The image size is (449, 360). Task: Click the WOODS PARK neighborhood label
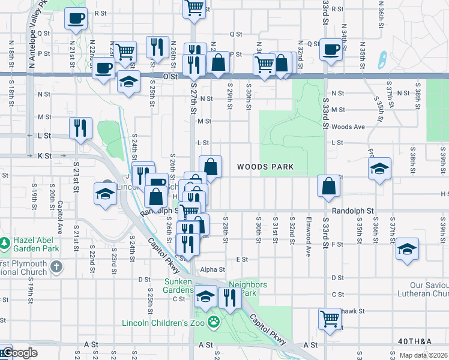click(x=265, y=167)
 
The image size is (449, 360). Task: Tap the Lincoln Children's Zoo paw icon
click(x=214, y=322)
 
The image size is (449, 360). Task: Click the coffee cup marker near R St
click(x=76, y=19)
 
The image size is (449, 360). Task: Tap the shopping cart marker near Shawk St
click(x=330, y=318)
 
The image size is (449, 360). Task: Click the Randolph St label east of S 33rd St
click(x=352, y=211)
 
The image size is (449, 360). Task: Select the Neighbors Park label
click(x=242, y=289)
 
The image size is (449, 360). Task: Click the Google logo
click(x=19, y=353)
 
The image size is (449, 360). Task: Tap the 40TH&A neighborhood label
click(x=414, y=341)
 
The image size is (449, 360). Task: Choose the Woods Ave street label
click(x=348, y=127)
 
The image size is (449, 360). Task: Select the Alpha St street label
click(x=212, y=270)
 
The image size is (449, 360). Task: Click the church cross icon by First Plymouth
click(x=56, y=266)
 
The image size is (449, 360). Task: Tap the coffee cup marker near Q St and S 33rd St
click(x=331, y=50)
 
